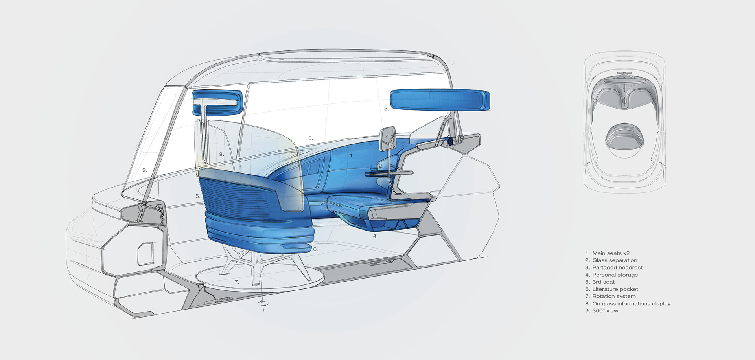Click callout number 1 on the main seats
pyautogui.click(x=352, y=156)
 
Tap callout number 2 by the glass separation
pyautogui.click(x=381, y=166)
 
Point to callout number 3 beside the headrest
pyautogui.click(x=387, y=109)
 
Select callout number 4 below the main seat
pyautogui.click(x=375, y=236)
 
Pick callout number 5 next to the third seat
pyautogui.click(x=198, y=196)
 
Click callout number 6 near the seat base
pyautogui.click(x=315, y=249)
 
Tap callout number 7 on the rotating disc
pyautogui.click(x=237, y=282)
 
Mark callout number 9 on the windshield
pyautogui.click(x=145, y=170)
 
